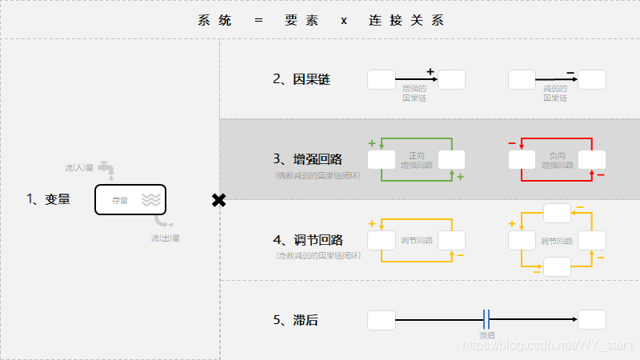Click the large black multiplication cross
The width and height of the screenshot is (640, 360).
pos(218,200)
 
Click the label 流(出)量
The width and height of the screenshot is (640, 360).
pos(165,238)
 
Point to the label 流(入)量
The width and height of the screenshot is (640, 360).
pos(79,168)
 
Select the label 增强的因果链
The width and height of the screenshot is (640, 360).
pos(414,93)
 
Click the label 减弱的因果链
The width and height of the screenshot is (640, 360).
pos(555,93)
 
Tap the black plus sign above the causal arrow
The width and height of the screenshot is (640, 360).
pos(430,72)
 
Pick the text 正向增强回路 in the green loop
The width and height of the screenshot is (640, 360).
pos(416,160)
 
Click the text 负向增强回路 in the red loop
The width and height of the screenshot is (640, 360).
pos(557,160)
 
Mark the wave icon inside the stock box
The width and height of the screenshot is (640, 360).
pos(150,199)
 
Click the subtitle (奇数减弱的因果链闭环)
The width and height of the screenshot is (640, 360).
pos(318,256)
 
